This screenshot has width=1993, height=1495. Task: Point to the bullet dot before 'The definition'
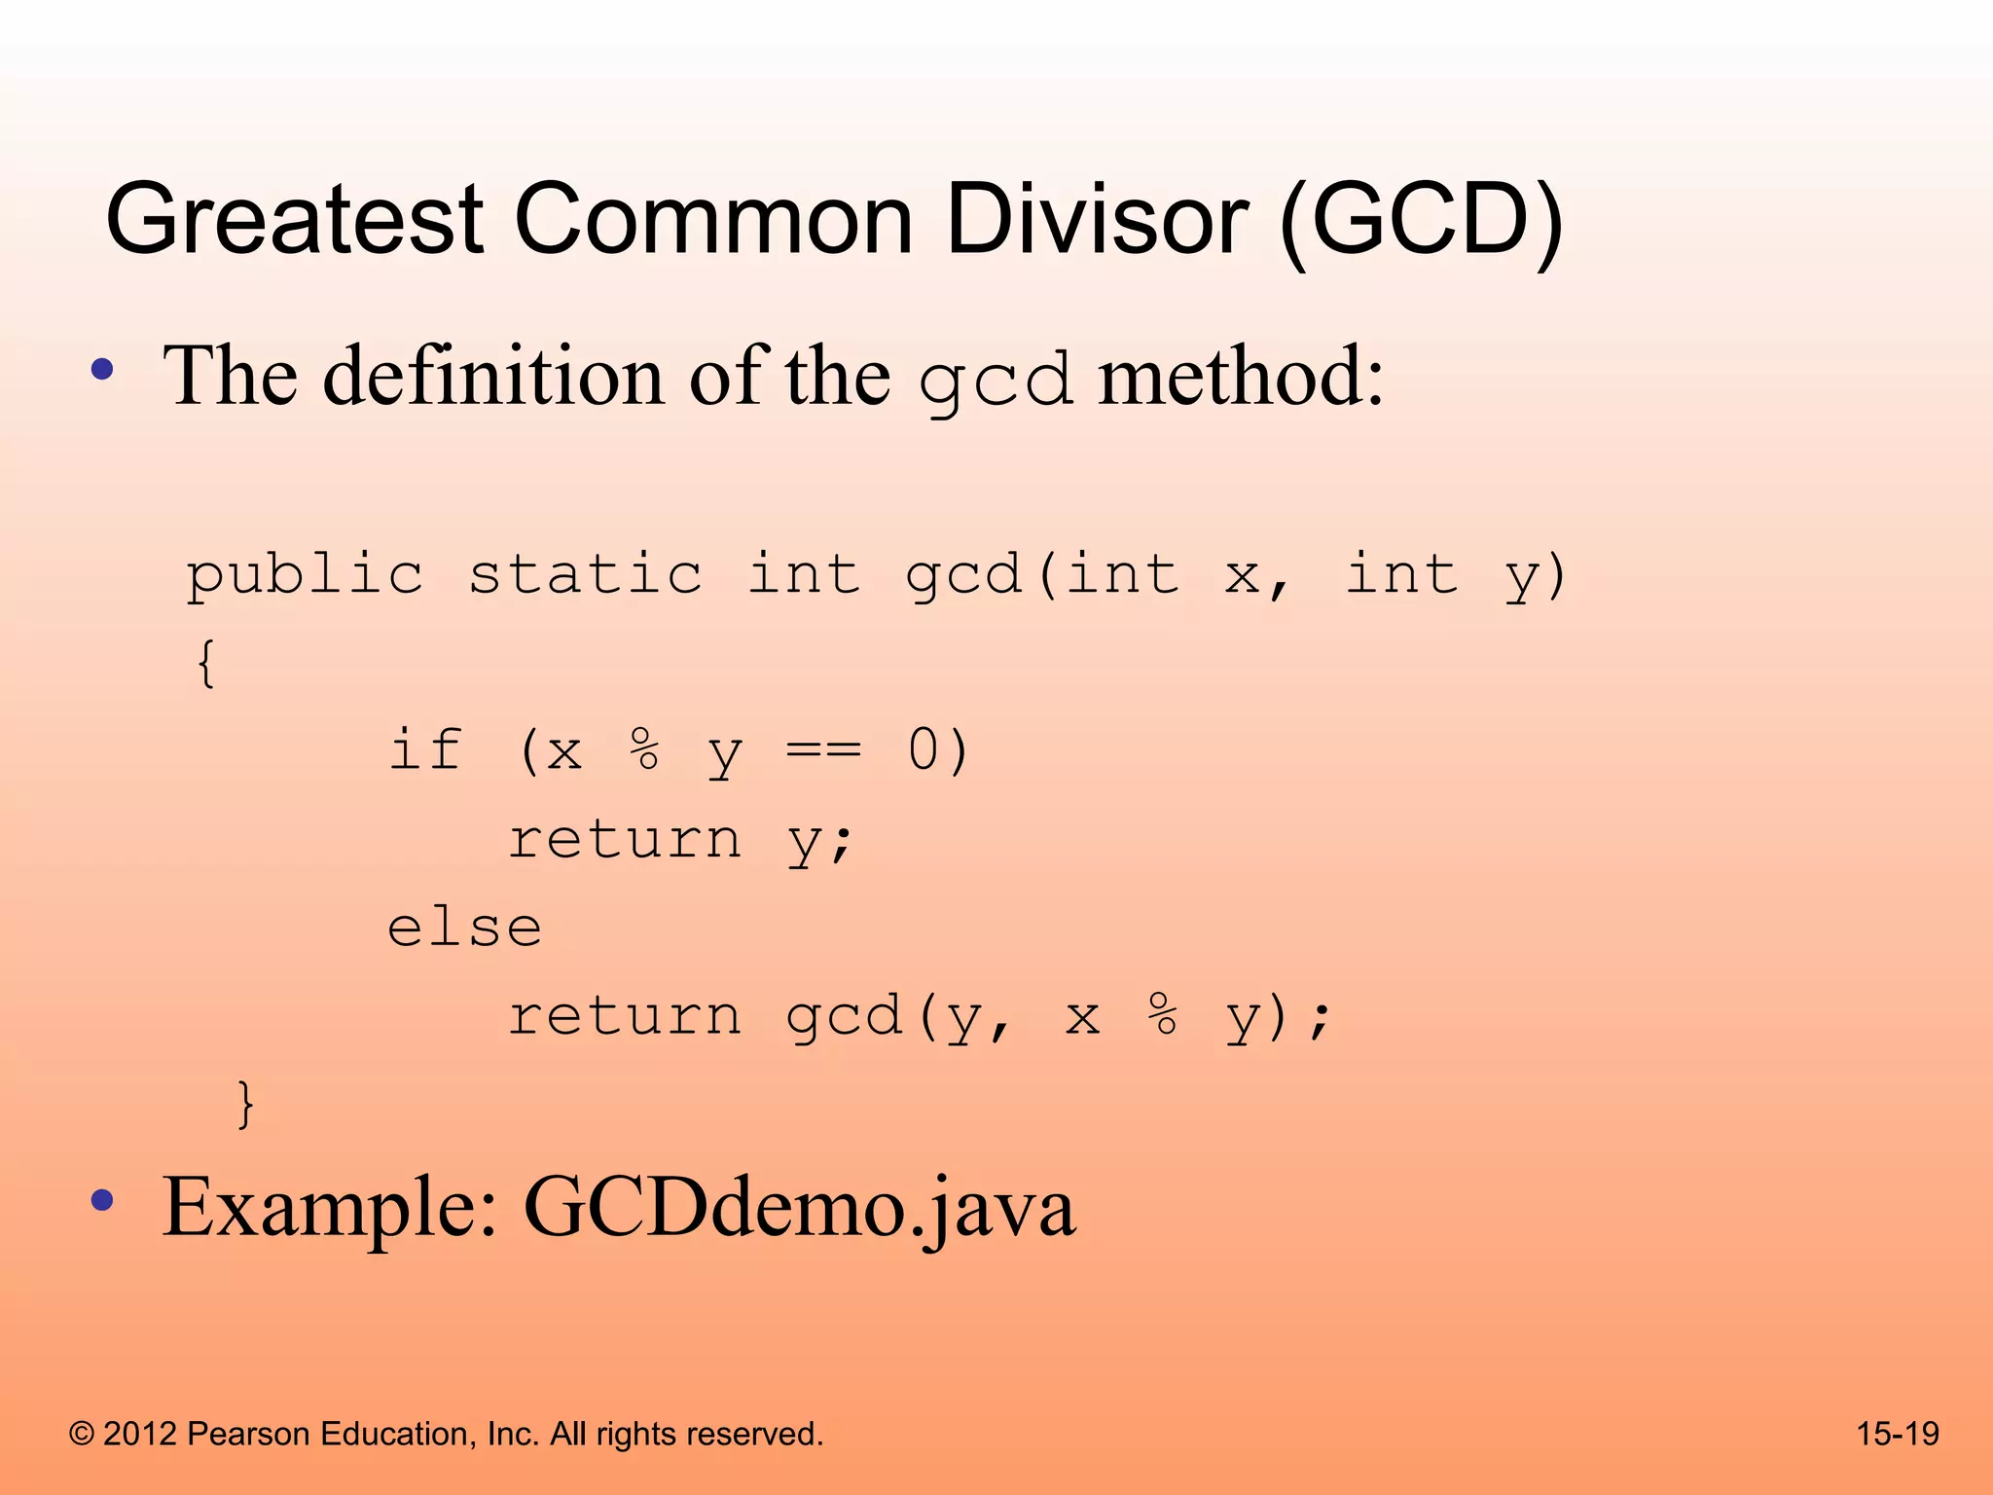click(x=102, y=370)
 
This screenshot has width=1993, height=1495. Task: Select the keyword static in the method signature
click(x=585, y=574)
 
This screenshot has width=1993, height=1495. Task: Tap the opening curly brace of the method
click(x=205, y=664)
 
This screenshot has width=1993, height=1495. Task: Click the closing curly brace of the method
click(x=245, y=1104)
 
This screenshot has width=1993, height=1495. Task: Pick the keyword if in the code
click(x=425, y=750)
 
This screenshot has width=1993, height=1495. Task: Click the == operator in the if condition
click(x=823, y=750)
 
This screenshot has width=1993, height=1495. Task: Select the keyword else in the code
click(x=464, y=928)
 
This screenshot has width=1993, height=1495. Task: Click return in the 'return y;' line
click(x=625, y=839)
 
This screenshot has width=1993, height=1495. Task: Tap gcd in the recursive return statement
click(x=844, y=1018)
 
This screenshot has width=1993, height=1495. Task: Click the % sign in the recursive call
click(x=1162, y=1016)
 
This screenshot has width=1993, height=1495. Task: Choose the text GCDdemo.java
click(x=799, y=1208)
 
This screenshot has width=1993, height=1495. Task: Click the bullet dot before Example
click(x=102, y=1201)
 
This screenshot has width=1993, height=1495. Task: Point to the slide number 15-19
click(x=1897, y=1434)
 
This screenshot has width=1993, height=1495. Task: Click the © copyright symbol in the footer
click(x=82, y=1435)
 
